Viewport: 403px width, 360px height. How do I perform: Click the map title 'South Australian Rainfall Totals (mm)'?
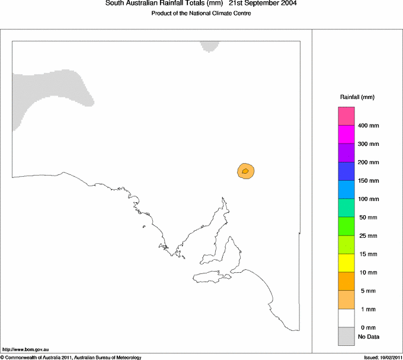[x=164, y=4]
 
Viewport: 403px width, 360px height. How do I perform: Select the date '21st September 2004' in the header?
[x=263, y=4]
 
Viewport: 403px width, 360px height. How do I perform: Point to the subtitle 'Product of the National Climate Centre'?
[x=201, y=14]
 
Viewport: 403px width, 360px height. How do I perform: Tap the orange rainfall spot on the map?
[x=245, y=171]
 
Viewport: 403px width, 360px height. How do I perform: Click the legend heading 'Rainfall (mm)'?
[x=357, y=97]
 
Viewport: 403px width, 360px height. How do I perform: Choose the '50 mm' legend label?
[x=367, y=218]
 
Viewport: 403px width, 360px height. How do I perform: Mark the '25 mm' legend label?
[x=367, y=236]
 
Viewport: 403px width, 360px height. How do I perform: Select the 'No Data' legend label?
[x=369, y=337]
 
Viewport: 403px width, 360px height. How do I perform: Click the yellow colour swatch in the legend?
[x=346, y=263]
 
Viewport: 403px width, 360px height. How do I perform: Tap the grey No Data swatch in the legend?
[x=346, y=337]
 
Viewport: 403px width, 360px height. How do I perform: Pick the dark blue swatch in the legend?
[x=346, y=171]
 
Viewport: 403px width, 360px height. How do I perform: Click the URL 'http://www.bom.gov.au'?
[x=25, y=351]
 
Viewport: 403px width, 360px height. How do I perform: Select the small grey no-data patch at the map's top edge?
[x=209, y=46]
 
